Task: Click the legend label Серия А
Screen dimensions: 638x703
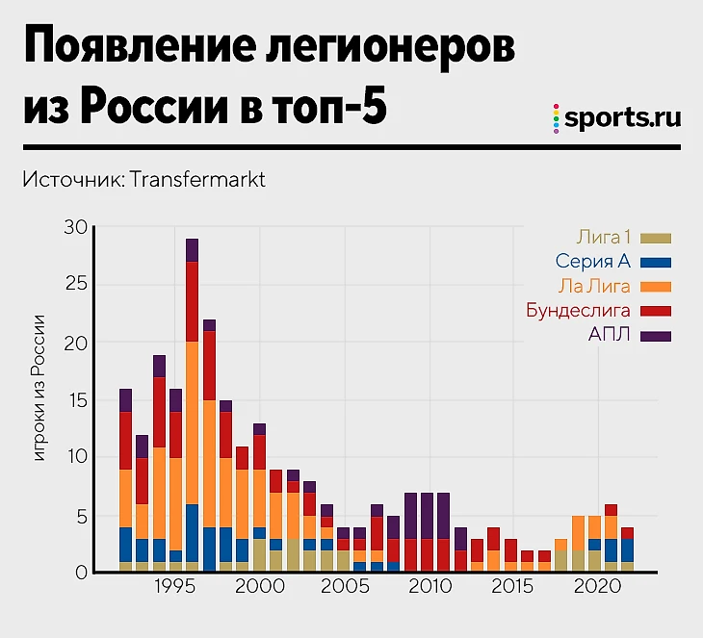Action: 591,261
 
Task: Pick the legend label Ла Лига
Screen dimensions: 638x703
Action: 593,286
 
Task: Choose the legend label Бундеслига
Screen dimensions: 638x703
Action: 579,311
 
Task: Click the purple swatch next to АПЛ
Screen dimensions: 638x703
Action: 657,336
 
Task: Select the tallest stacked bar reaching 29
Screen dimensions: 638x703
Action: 193,404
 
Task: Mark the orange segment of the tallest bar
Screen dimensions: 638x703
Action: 193,423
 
